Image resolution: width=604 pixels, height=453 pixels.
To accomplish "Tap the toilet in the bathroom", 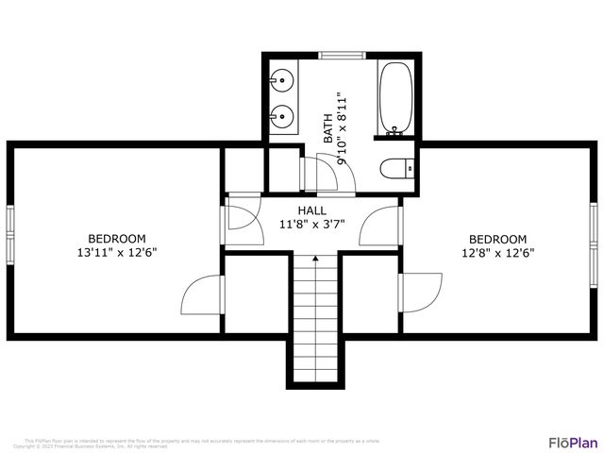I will pos(394,169).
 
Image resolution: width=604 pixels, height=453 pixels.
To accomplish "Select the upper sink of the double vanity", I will pos(281,79).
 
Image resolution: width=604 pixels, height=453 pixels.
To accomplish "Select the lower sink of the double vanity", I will pos(281,118).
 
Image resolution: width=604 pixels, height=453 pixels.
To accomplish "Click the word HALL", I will pos(312,210).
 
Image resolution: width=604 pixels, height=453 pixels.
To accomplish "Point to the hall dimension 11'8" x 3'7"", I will pos(312,225).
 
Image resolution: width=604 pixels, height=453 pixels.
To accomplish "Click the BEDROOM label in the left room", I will pos(117,239).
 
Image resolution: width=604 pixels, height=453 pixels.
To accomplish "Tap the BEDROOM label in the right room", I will pos(497,239).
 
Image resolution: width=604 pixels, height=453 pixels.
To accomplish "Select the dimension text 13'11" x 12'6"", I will pos(117,253).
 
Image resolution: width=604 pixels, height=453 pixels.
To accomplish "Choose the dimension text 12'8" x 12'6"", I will pos(497,253).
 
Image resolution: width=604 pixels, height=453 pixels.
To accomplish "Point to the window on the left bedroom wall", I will pos(10,233).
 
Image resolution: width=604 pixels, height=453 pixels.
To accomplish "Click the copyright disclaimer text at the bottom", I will pos(202,443).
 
